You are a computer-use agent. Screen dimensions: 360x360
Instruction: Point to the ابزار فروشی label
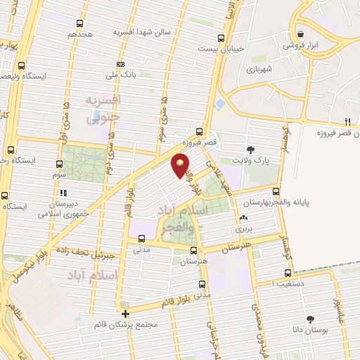[300, 45]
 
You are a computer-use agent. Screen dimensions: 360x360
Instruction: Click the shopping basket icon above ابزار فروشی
[301, 34]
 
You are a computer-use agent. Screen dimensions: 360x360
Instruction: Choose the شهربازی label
[259, 70]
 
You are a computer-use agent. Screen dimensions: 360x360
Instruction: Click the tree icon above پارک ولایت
[250, 149]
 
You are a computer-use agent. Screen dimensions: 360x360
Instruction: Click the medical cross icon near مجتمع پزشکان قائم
[125, 314]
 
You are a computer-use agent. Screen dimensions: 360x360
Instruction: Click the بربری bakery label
[243, 229]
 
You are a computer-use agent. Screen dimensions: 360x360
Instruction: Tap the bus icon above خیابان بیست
[221, 38]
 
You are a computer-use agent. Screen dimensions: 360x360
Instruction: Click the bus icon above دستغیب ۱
[288, 273]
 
